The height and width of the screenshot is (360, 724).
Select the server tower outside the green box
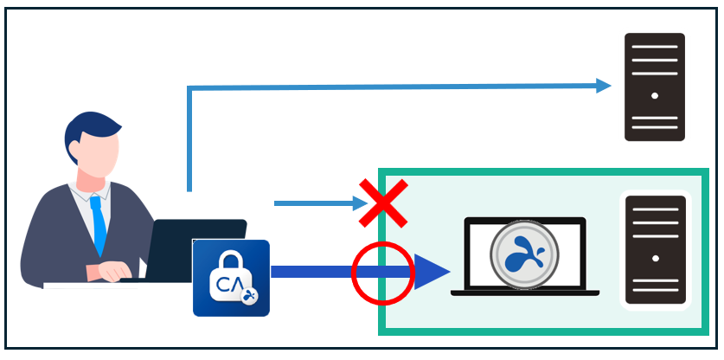(655, 87)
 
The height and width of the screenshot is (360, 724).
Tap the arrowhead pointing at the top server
(603, 85)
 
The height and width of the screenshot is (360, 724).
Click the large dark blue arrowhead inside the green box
(430, 272)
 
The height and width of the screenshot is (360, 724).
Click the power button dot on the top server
(655, 95)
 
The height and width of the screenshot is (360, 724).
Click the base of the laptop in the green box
(524, 293)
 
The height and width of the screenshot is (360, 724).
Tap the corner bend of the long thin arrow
(189, 88)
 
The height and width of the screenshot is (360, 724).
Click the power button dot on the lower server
(655, 258)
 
